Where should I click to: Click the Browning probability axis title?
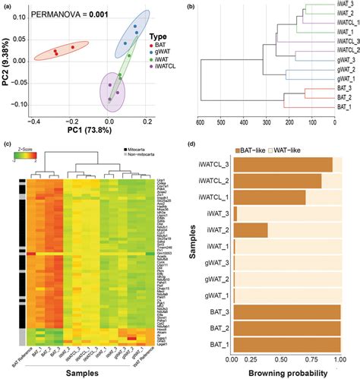pyautogui.click(x=287, y=372)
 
